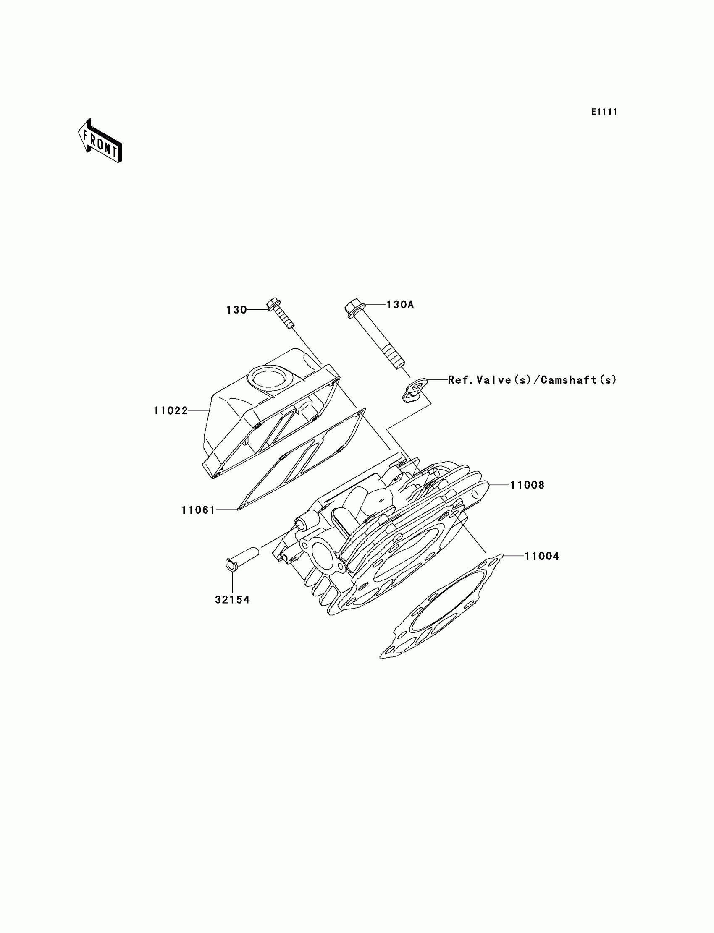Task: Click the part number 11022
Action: pyautogui.click(x=171, y=410)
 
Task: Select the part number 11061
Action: pyautogui.click(x=198, y=510)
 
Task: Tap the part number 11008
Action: pyautogui.click(x=527, y=485)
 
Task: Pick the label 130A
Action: pyautogui.click(x=400, y=305)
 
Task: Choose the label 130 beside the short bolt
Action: pyautogui.click(x=236, y=310)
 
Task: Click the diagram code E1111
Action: pyautogui.click(x=604, y=112)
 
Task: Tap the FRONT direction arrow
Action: pyautogui.click(x=100, y=141)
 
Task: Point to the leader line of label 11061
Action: pyautogui.click(x=226, y=510)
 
